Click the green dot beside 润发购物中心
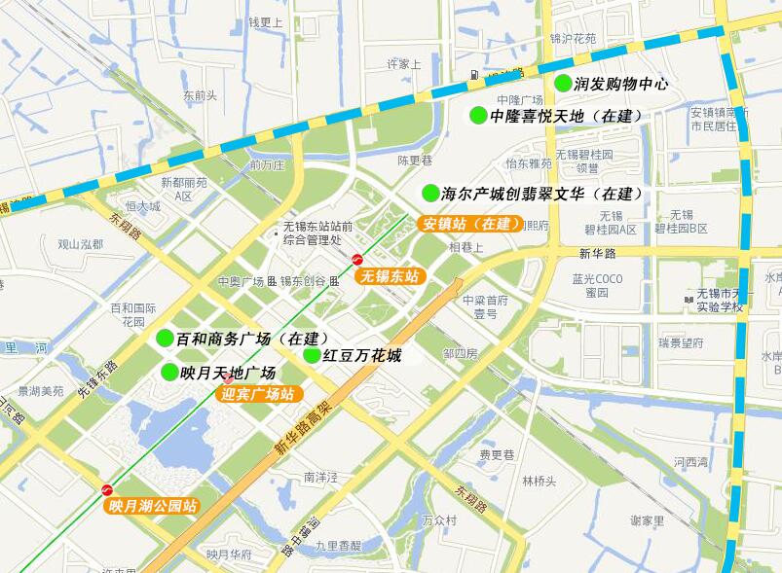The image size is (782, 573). coord(563,84)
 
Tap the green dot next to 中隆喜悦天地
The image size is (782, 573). coord(478,116)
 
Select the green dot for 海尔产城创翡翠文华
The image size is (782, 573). coord(430,193)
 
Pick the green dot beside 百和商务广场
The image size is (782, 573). coord(166,338)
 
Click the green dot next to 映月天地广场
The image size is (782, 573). coord(170,372)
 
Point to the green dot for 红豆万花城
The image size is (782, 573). coord(312,355)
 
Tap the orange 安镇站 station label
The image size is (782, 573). coord(469,223)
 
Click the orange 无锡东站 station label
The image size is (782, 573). coord(390,276)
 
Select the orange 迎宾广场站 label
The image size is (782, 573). coord(258,394)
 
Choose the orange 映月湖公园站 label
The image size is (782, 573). coord(153,506)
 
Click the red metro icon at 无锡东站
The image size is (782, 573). coord(357,260)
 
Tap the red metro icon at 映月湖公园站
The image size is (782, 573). coord(107,489)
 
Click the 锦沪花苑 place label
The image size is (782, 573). coord(573,39)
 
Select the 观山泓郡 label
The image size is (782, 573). coord(80,244)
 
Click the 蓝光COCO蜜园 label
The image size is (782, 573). coord(597,285)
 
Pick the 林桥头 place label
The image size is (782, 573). coord(539,481)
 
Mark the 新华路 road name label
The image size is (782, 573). coord(597,253)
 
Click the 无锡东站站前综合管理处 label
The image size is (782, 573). coord(312,233)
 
